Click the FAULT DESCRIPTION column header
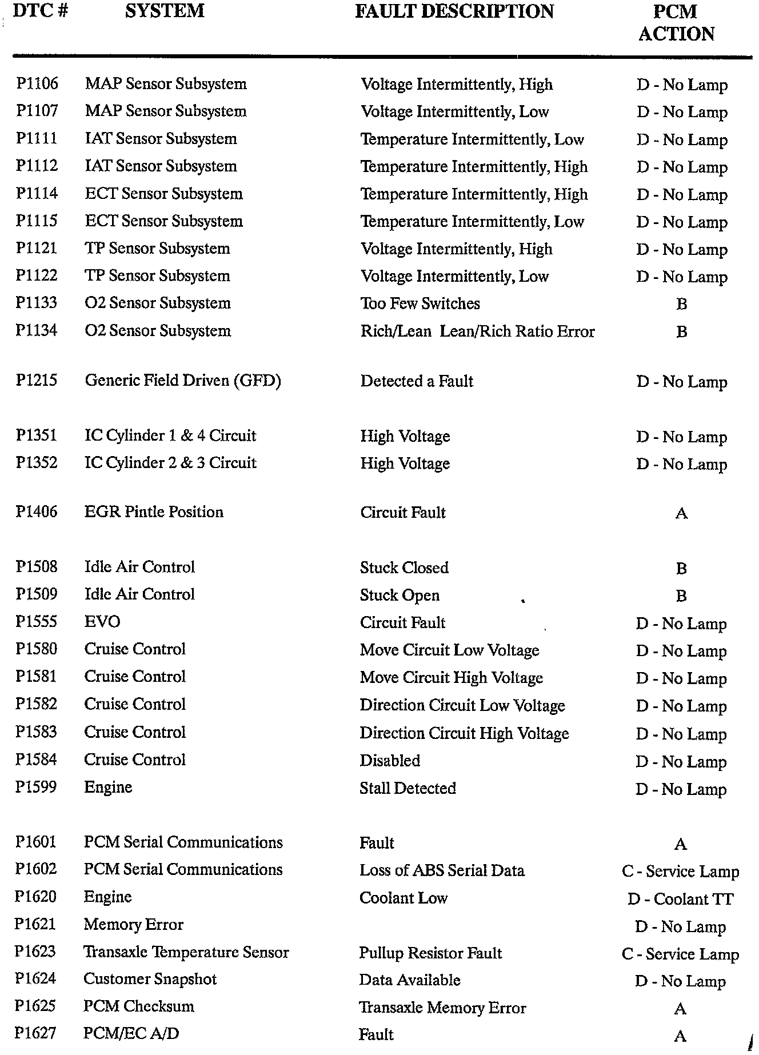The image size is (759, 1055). (x=454, y=11)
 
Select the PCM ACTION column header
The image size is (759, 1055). (x=676, y=23)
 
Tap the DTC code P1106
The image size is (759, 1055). (x=37, y=83)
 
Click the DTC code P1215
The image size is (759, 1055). (x=37, y=381)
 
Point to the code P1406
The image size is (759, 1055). (x=37, y=511)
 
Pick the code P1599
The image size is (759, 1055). (x=36, y=788)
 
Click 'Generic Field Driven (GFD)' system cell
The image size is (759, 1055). (x=183, y=381)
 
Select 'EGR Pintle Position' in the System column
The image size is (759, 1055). (x=154, y=511)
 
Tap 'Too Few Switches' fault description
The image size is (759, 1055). (x=420, y=303)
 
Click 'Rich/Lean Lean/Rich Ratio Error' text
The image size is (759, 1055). (x=477, y=331)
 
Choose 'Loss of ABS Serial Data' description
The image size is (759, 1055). (x=442, y=870)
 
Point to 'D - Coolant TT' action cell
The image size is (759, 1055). (x=680, y=899)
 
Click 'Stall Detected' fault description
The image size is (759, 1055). (x=408, y=788)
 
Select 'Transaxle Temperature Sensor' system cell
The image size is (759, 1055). (x=186, y=952)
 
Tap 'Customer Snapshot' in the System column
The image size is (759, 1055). (x=150, y=979)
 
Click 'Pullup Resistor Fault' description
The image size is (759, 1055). (x=430, y=953)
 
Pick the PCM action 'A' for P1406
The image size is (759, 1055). (x=681, y=513)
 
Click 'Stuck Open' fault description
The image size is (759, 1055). (x=400, y=596)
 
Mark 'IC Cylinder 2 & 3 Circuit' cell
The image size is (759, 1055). (x=170, y=463)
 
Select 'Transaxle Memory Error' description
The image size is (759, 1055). (x=442, y=1008)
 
